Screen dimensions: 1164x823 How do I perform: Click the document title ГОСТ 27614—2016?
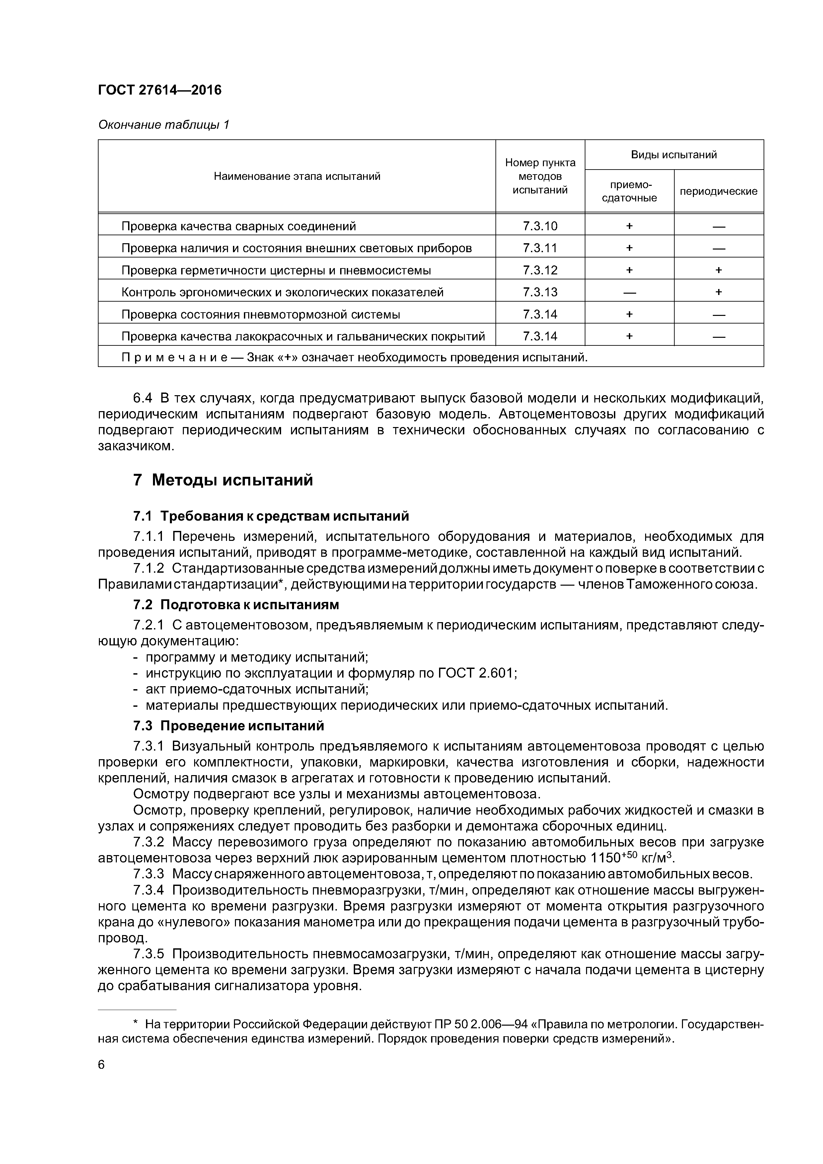coord(160,90)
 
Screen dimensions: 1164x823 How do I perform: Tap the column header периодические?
coord(718,191)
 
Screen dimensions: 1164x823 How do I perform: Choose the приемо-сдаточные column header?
coord(629,191)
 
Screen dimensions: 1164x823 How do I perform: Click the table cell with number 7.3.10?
coord(540,226)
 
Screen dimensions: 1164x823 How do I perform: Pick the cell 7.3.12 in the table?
coord(540,270)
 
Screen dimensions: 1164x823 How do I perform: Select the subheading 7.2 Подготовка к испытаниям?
coord(236,605)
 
